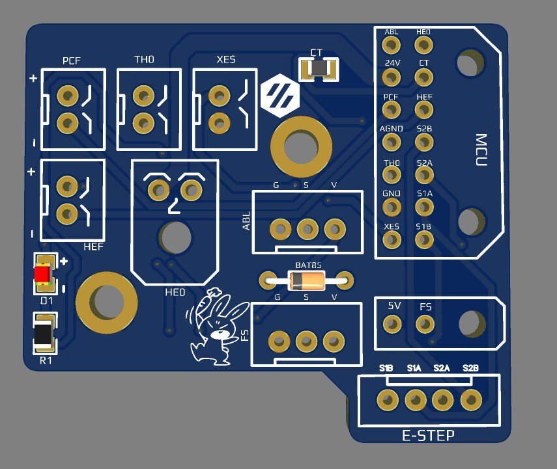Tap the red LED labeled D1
[x=44, y=275]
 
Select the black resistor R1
[x=44, y=334]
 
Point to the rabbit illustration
[x=214, y=328]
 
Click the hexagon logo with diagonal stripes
[x=280, y=97]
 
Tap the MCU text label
[x=481, y=150]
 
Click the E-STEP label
[x=429, y=435]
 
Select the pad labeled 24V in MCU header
[x=391, y=77]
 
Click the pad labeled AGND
[x=391, y=142]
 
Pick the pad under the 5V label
[x=392, y=323]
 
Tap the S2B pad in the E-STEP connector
[x=470, y=399]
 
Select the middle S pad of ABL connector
[x=307, y=229]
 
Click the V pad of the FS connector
[x=334, y=341]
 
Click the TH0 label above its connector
[x=145, y=60]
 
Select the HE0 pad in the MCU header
[x=424, y=45]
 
